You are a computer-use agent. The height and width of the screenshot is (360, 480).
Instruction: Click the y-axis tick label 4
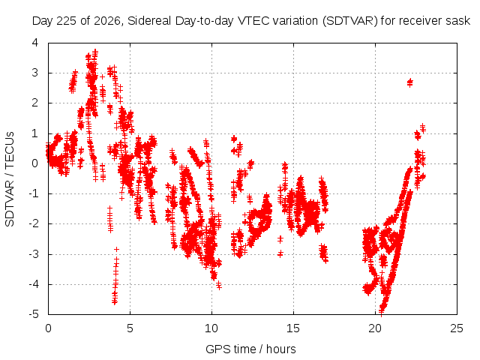[x=35, y=43]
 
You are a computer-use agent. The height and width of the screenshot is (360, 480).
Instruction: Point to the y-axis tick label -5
[x=34, y=314]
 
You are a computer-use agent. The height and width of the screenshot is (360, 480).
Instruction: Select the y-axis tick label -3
[x=34, y=254]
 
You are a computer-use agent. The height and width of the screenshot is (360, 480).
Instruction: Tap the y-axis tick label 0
[x=35, y=163]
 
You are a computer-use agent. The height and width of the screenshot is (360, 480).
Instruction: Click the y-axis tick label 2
[x=35, y=103]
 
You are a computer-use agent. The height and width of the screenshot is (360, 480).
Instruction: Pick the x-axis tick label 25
[x=457, y=328]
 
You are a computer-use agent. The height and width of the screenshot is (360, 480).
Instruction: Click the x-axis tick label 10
[x=211, y=328]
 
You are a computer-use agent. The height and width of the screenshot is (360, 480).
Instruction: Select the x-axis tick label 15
[x=293, y=328]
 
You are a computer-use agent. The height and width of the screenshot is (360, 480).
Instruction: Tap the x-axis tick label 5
[x=130, y=328]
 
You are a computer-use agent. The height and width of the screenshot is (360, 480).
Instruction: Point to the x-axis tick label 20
[x=375, y=328]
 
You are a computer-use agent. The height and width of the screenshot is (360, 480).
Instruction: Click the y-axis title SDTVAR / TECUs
[x=10, y=179]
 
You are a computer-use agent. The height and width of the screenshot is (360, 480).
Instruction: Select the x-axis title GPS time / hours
[x=250, y=349]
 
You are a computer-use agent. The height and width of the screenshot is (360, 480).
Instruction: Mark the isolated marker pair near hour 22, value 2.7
[x=410, y=82]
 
